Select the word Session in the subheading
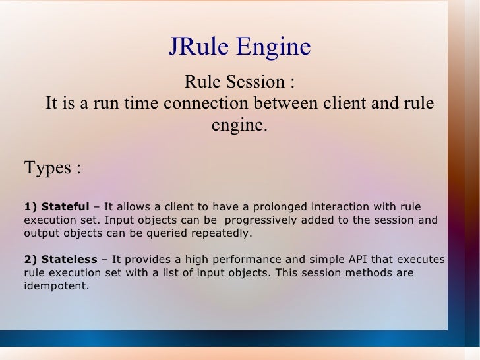point(253,83)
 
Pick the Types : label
point(52,167)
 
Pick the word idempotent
point(55,285)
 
